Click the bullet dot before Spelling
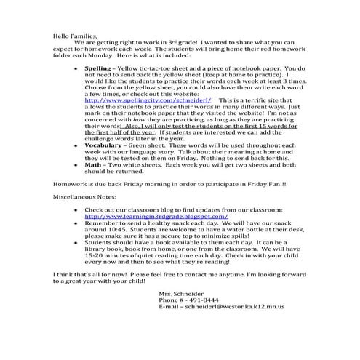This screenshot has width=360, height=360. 77,66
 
